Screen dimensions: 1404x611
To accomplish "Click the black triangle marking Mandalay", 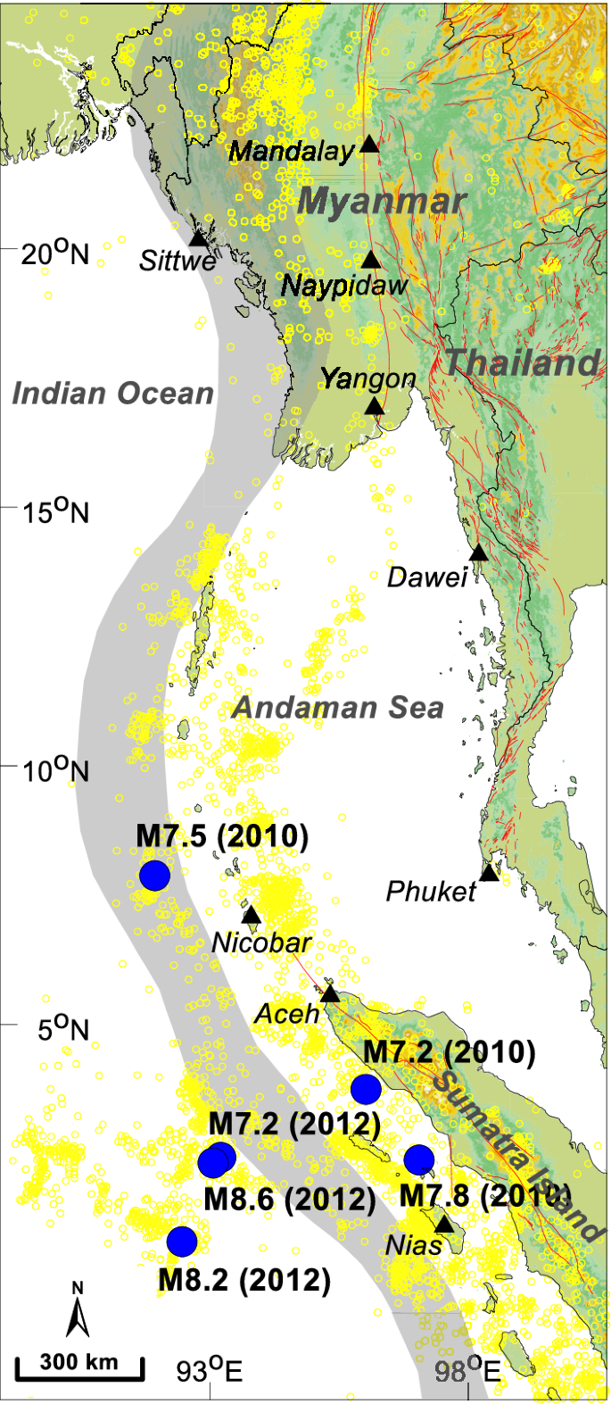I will click(x=369, y=145).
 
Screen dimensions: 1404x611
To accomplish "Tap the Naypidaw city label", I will click(x=344, y=286).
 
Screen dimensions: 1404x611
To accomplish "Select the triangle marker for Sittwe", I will click(x=198, y=238).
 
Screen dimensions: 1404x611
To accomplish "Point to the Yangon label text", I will click(x=368, y=378).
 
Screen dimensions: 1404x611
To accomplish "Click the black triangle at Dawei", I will click(x=479, y=552).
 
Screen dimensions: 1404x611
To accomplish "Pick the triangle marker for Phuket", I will click(x=489, y=872).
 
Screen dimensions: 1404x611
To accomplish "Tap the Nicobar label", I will click(x=261, y=942).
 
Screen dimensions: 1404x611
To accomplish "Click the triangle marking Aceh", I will click(x=331, y=993).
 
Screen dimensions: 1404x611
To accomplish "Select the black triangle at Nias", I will click(x=444, y=1224).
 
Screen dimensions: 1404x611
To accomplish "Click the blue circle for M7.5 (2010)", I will click(x=154, y=876).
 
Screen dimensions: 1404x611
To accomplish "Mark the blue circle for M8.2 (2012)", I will click(x=182, y=1241).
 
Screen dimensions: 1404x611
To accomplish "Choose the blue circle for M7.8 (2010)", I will click(x=418, y=1159).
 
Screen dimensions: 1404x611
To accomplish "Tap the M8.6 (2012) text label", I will click(x=290, y=1199).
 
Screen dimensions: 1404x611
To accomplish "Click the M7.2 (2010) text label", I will click(x=449, y=1052).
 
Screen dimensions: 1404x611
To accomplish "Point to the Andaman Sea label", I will click(x=337, y=708).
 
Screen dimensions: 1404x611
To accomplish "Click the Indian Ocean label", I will click(x=112, y=393).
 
